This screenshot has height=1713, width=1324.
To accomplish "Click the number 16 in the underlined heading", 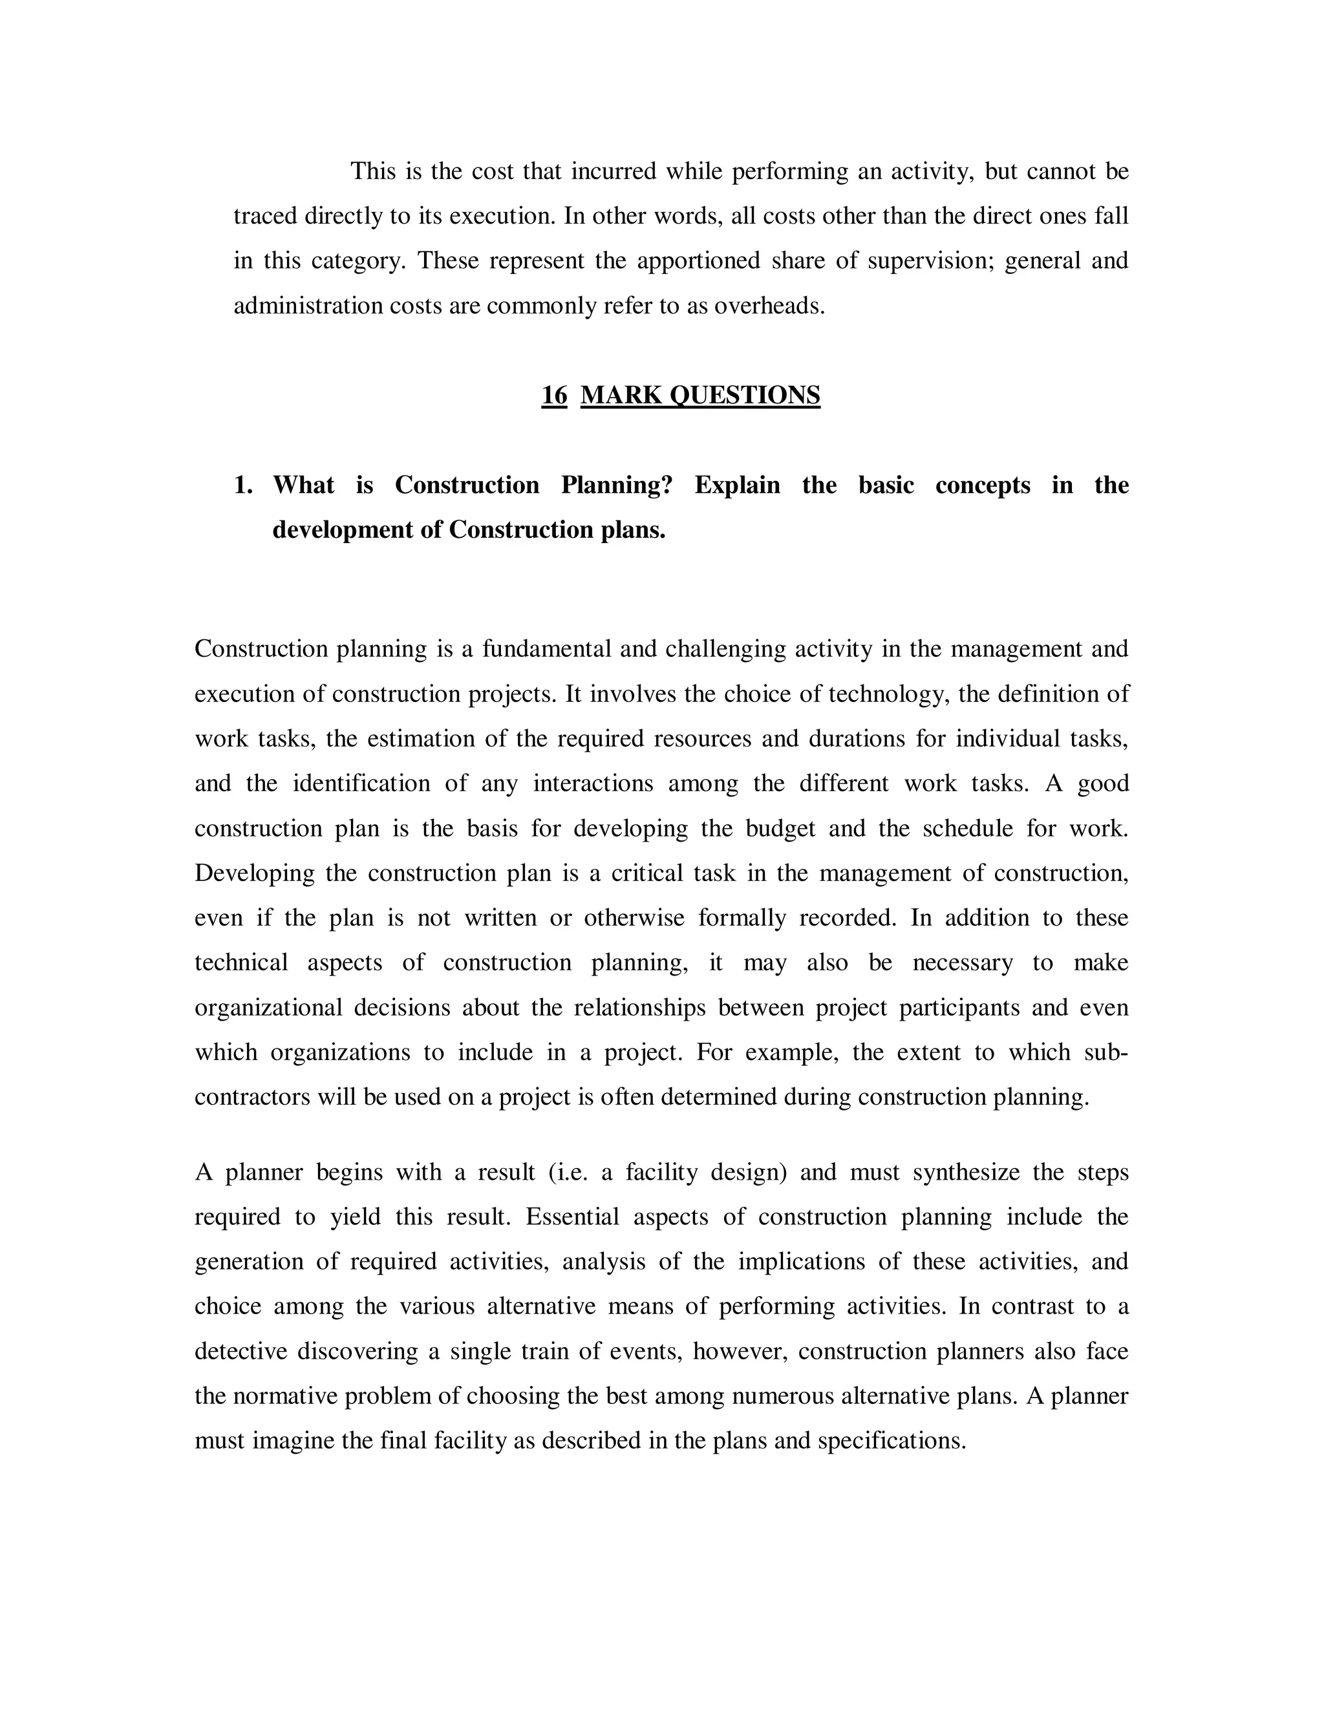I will (x=554, y=394).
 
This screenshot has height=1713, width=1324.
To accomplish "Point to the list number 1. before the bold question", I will (x=243, y=485).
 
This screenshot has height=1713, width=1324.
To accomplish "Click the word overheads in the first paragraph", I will (x=769, y=305).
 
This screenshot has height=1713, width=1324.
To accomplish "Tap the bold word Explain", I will (x=737, y=485).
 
